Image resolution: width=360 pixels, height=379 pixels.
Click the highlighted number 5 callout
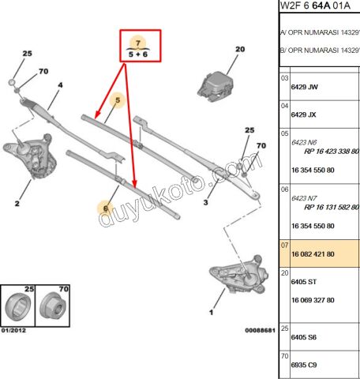(x=117, y=100)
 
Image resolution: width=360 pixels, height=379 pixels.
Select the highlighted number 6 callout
(x=104, y=208)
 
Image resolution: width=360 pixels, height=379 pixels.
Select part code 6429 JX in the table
(x=304, y=114)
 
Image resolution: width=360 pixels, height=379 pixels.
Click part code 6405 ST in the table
(x=304, y=282)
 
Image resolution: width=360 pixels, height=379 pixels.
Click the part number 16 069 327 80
(x=313, y=300)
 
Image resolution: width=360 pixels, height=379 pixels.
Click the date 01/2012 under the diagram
(x=14, y=329)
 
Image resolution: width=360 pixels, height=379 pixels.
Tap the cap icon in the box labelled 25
(x=18, y=306)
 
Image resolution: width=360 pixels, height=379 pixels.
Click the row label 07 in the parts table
(x=284, y=246)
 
